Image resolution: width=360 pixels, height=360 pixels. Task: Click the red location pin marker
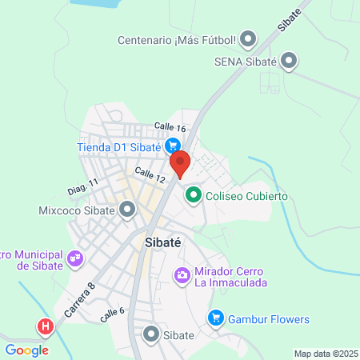coord(180,163)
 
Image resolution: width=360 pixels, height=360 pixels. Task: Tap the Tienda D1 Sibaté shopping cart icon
coord(172,146)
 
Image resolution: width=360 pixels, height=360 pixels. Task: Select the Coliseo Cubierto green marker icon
coord(193,194)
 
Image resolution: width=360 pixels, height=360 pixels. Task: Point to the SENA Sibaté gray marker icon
coord(290,60)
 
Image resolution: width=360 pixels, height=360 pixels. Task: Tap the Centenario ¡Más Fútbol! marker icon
coord(248,39)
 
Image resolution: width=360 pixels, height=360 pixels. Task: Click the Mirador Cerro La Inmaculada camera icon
coord(183,276)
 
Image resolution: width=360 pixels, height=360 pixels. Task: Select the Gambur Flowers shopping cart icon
coord(215,319)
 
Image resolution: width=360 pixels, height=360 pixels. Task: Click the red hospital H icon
coord(46,327)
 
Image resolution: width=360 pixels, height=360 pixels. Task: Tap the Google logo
coord(26,350)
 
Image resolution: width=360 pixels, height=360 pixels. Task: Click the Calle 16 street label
coord(170,128)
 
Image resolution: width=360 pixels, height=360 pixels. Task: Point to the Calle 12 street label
coord(150,173)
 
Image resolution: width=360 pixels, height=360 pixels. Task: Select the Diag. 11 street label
coord(82,188)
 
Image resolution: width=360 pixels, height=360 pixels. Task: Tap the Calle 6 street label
coord(113,315)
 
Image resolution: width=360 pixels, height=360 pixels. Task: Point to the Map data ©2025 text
coord(325,354)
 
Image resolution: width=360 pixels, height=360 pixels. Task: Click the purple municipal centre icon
coord(75,258)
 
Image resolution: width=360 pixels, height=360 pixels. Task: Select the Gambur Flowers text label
coord(269,319)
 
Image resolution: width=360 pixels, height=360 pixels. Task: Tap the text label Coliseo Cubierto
coord(246,195)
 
